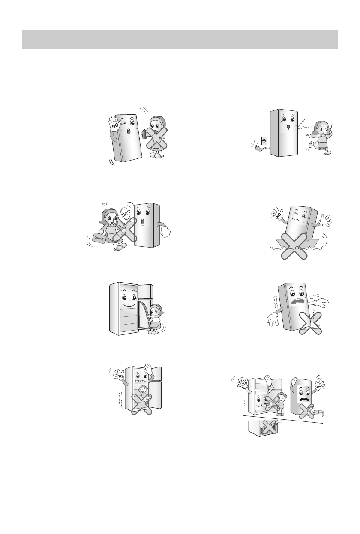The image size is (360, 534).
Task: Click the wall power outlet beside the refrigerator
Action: point(264,141)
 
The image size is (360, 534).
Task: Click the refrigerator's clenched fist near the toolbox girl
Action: point(165,230)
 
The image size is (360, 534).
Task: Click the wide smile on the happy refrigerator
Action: point(128,305)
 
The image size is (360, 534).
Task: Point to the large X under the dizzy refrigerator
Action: point(294,246)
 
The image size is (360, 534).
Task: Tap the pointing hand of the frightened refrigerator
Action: point(320,302)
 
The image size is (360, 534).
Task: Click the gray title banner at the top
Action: point(180,39)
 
